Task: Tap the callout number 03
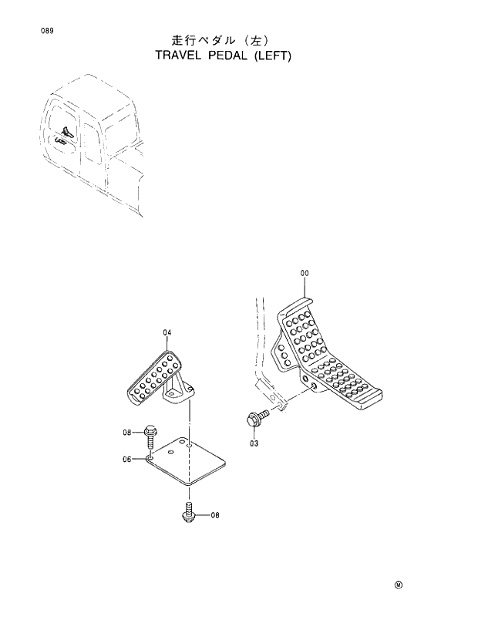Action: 254,443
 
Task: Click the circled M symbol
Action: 399,585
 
